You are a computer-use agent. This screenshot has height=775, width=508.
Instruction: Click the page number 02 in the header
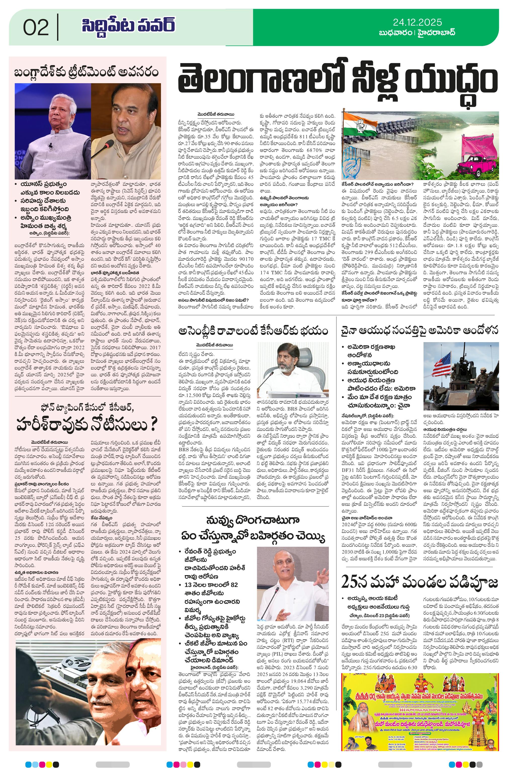36,27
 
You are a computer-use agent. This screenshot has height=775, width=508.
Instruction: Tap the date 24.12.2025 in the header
417,22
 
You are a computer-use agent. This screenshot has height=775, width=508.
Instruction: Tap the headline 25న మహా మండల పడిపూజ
420,581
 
